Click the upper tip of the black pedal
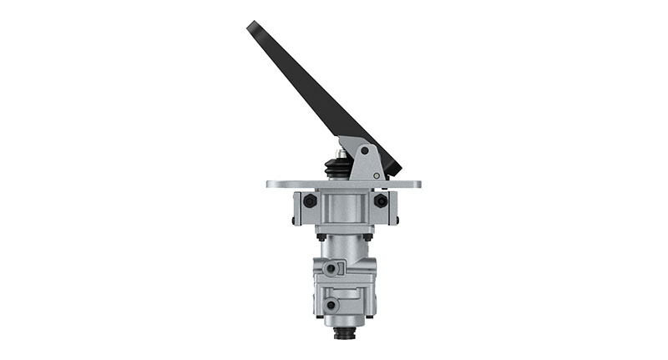pos(251,26)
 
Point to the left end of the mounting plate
pos(270,184)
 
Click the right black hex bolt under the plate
pos(381,201)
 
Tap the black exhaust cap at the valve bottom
pos(344,335)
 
